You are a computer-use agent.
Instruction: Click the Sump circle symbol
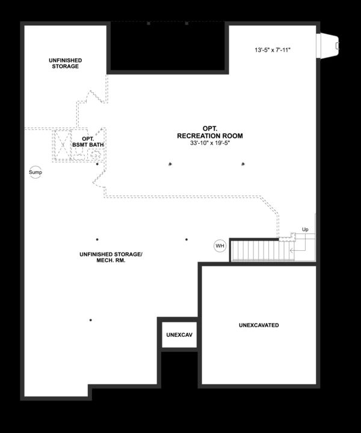click(x=37, y=172)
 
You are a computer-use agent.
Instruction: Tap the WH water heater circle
click(x=220, y=245)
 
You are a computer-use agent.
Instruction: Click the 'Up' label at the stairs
click(x=305, y=230)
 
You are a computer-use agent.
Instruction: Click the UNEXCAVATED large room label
click(x=258, y=325)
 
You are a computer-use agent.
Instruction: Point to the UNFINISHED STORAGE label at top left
click(x=65, y=63)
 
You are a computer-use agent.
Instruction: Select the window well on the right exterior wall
click(x=329, y=44)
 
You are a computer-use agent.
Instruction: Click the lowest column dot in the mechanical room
click(x=91, y=320)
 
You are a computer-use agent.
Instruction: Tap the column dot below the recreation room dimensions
click(x=171, y=164)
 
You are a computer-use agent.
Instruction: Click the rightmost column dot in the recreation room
click(x=243, y=164)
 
